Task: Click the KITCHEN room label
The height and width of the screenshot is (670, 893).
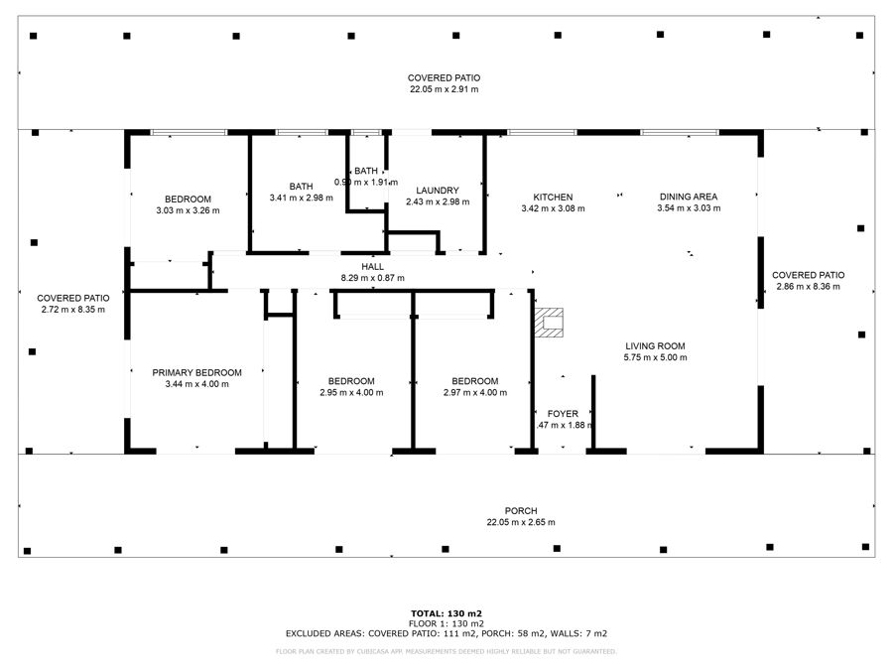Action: pos(553,197)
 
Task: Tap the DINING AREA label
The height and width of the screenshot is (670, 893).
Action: pos(688,197)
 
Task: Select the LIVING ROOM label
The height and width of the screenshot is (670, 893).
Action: pos(655,345)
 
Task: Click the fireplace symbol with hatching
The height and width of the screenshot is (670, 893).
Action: pos(549,323)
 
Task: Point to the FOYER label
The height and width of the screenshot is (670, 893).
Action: pos(563,413)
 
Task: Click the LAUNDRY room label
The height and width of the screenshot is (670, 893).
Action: pos(437,190)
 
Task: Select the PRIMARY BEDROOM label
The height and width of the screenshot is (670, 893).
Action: pos(197,372)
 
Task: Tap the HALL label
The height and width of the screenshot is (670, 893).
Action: pos(372,266)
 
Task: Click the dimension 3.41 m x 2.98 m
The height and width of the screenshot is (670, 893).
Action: pos(301,199)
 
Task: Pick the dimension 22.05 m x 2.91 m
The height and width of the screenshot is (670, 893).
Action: pos(444,89)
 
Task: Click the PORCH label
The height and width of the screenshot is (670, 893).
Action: pos(520,510)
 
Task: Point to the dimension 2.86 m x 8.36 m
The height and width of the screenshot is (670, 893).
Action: pos(808,287)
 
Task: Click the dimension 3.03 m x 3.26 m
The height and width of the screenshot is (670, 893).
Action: pos(188,210)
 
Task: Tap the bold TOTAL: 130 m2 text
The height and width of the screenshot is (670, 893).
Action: pos(446,613)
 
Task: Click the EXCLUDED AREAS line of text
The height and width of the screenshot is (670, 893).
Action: pos(446,632)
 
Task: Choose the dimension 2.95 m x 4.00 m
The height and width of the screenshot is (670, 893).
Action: pos(351,392)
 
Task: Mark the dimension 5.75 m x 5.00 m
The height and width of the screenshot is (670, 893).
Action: pos(655,357)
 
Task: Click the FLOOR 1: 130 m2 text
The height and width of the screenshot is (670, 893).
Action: pos(446,623)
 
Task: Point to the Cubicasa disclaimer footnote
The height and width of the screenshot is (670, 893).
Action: pos(446,651)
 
